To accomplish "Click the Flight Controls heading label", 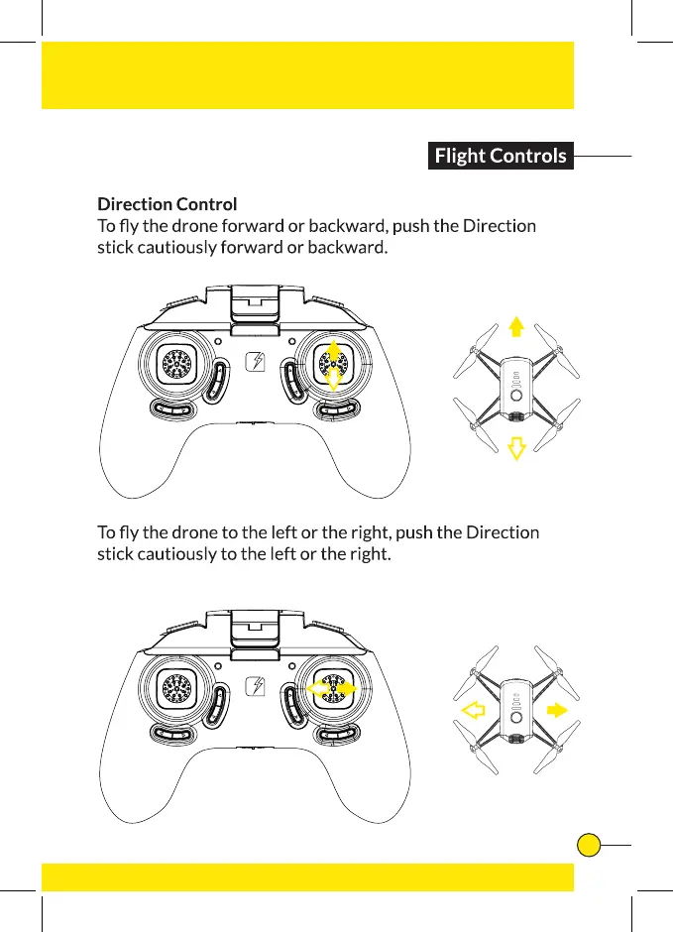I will pos(501,156).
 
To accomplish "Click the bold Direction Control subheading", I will pos(167,204).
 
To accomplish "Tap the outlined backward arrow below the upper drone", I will pos(515,448).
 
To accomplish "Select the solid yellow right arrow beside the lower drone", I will pos(557,709).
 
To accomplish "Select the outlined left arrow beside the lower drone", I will pos(474,709).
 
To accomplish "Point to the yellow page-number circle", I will pos(589,845).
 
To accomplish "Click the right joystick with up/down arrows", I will pos(334,365).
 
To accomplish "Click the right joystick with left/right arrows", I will pos(334,686).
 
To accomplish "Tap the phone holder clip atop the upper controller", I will pos(256,302).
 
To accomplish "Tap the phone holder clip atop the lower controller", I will pos(256,625).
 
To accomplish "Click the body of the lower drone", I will pos(515,708).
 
